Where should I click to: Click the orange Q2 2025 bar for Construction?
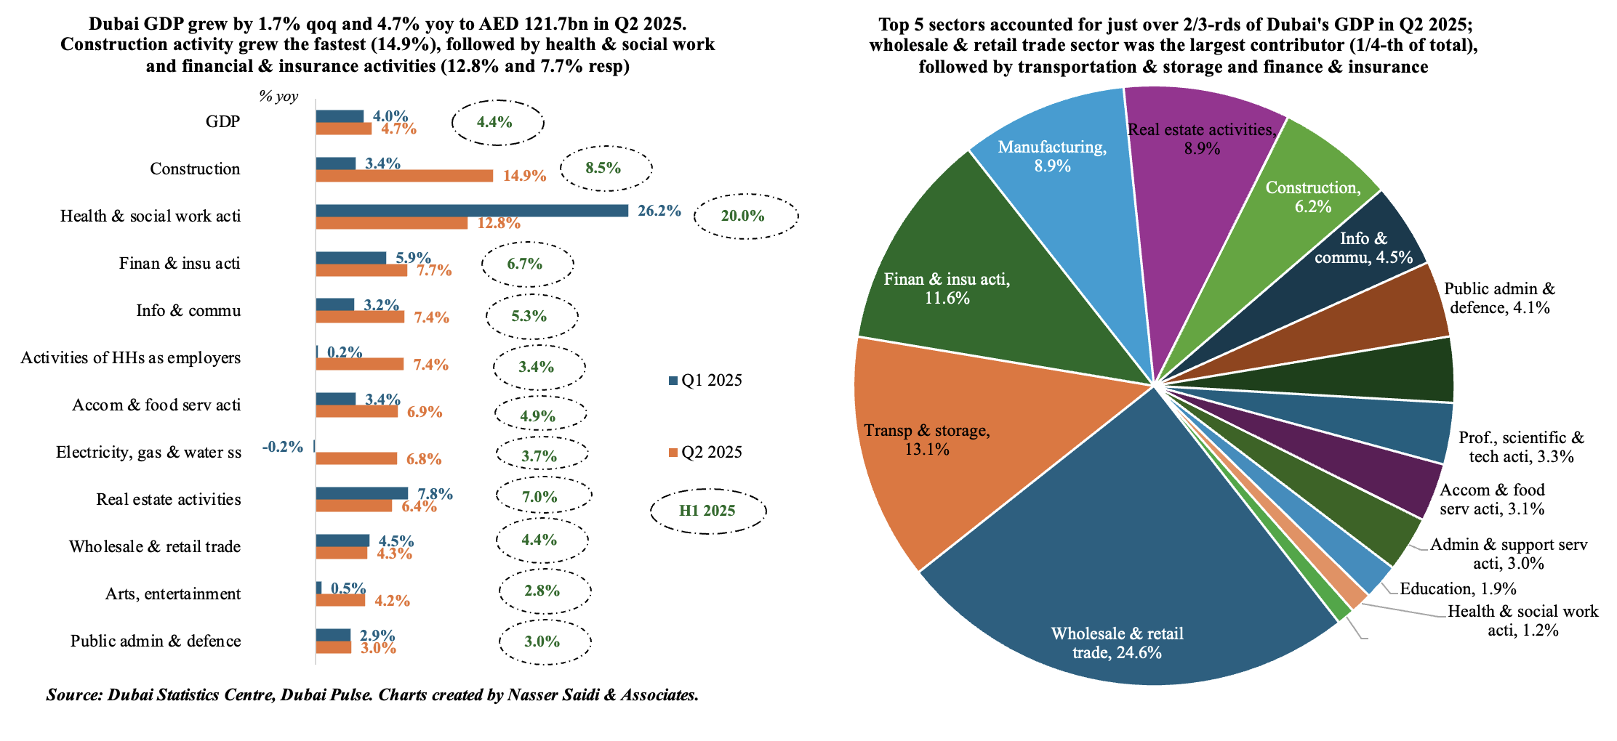tap(404, 176)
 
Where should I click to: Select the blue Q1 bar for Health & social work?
tap(472, 211)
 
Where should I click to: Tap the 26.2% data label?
tap(659, 211)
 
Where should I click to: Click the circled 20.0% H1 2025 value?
tap(745, 216)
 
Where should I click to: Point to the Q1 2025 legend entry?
tap(705, 381)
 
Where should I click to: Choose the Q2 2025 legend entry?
tap(705, 453)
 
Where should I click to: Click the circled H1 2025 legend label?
tap(707, 511)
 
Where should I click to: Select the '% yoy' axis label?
tap(278, 97)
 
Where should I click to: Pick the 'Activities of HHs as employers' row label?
tap(131, 358)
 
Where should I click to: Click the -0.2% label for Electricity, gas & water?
tap(283, 447)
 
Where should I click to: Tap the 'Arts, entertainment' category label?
tap(173, 594)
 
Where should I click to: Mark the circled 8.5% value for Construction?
tap(603, 169)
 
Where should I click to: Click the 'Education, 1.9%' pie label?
tap(1458, 589)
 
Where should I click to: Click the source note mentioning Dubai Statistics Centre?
tap(372, 695)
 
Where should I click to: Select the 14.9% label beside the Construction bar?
tap(524, 176)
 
